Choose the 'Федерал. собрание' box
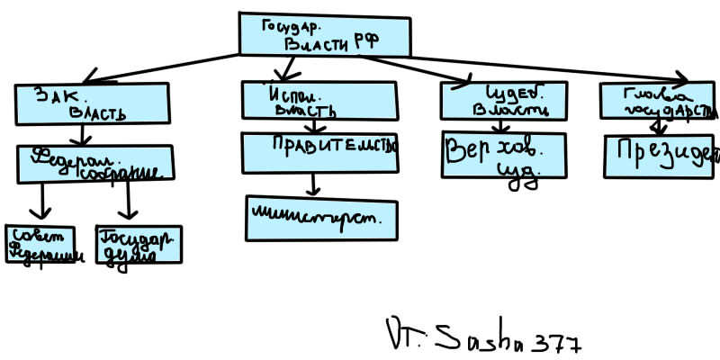(95, 163)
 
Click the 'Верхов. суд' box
(504, 157)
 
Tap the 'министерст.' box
(320, 218)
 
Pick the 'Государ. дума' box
(139, 244)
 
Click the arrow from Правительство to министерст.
(312, 184)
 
